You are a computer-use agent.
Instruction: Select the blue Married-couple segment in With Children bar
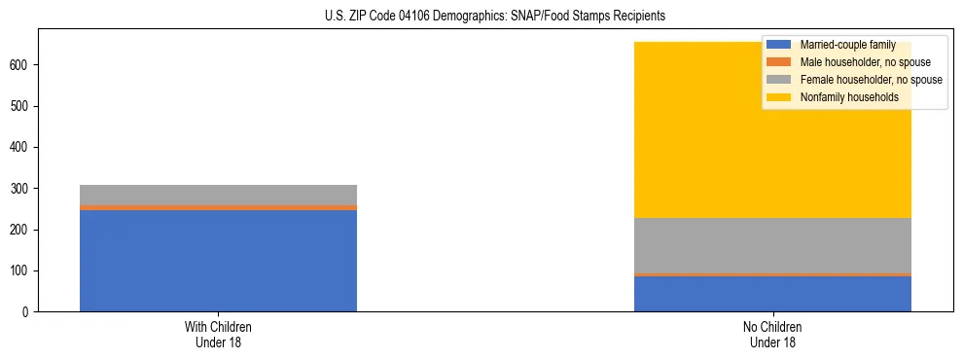[218, 260]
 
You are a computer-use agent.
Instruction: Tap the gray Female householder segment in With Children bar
[218, 195]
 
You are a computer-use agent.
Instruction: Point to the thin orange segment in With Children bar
[218, 207]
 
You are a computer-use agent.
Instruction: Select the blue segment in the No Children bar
[772, 294]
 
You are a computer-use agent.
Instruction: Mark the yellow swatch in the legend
[779, 97]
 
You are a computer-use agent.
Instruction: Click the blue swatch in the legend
[779, 45]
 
